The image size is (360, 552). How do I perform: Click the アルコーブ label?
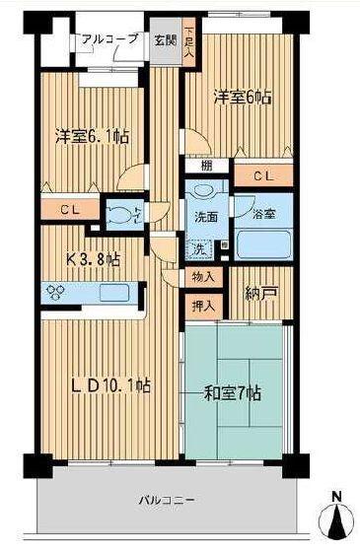point(110,39)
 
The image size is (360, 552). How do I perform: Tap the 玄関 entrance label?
point(163,40)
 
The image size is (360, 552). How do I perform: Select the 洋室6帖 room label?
point(243,98)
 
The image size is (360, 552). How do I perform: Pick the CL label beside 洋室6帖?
point(264,177)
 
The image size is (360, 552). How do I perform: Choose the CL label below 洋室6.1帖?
point(67,209)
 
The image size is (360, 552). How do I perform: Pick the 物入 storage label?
point(203,277)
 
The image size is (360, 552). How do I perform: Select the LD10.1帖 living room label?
point(110,385)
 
